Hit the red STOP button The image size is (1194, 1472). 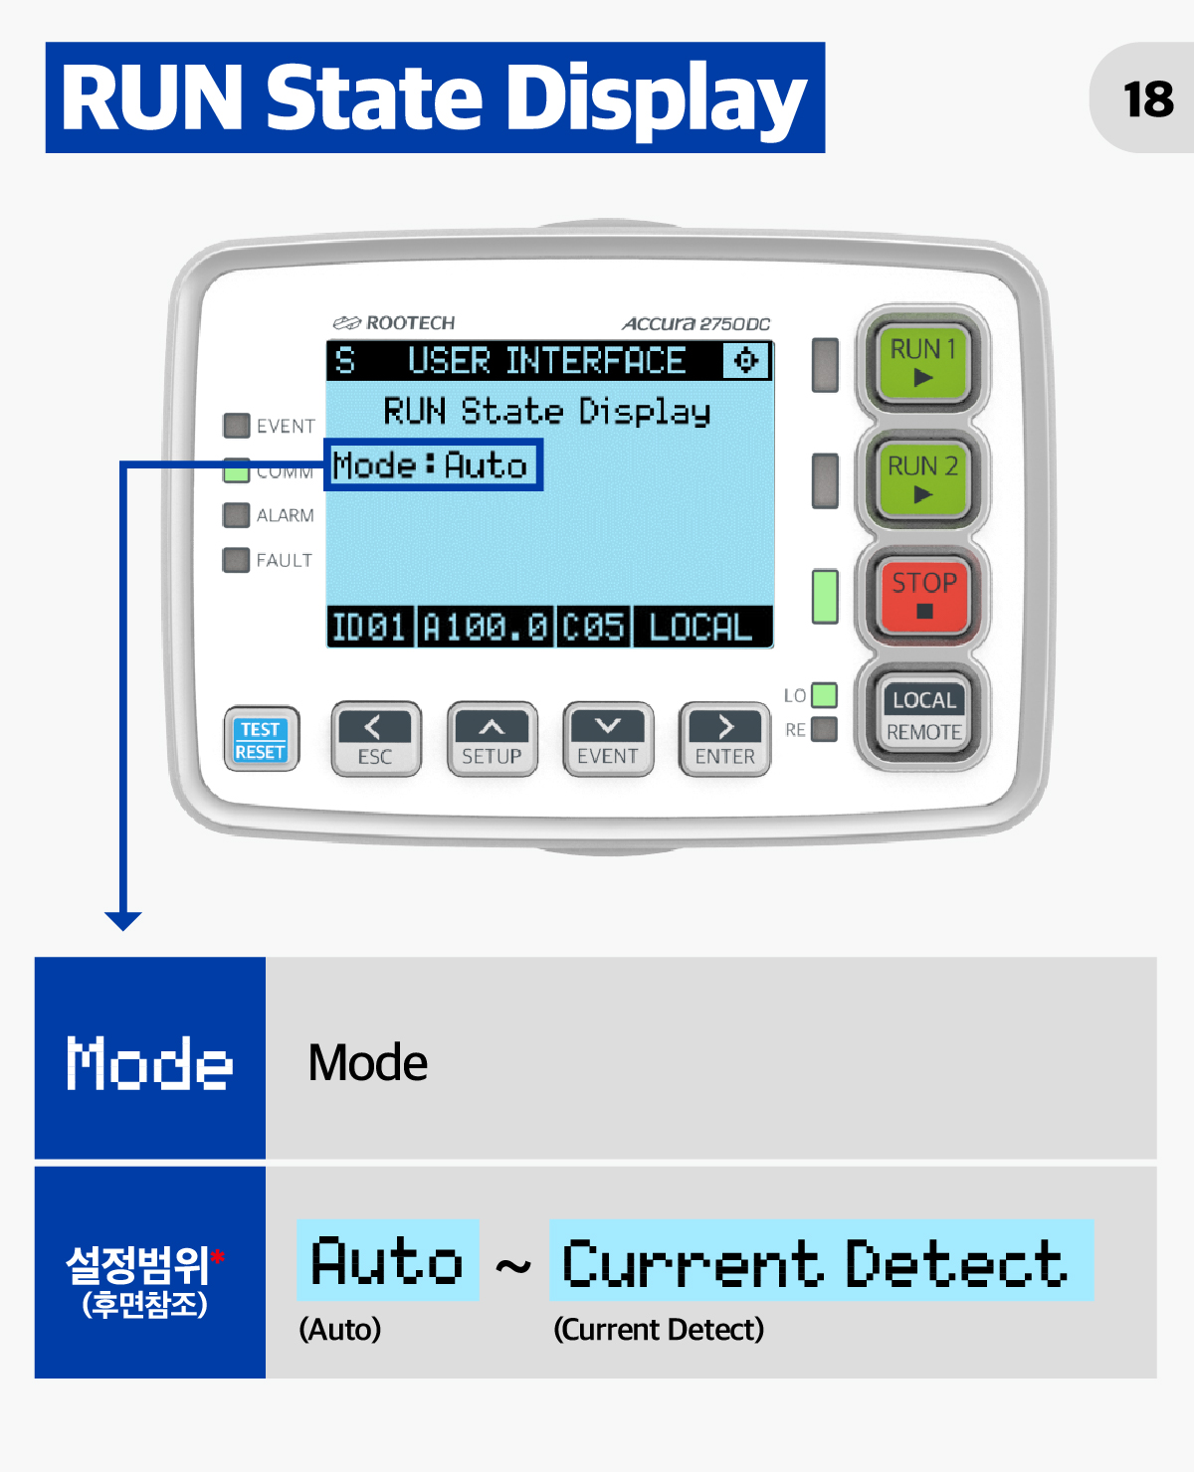923,595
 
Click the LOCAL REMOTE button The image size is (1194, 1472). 923,714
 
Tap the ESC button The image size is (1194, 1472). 375,739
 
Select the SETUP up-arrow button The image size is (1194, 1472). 492,739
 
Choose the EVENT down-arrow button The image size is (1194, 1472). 608,739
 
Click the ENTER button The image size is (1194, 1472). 724,739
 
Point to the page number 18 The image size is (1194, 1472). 1148,98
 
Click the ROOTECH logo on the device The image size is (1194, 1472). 393,322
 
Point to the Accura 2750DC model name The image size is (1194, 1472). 696,323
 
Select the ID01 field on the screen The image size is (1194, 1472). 369,628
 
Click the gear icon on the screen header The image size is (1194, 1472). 745,360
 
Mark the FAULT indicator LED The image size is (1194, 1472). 236,560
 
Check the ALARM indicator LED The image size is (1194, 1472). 236,515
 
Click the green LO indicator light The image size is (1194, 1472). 824,694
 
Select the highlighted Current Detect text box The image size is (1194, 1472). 821,1260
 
